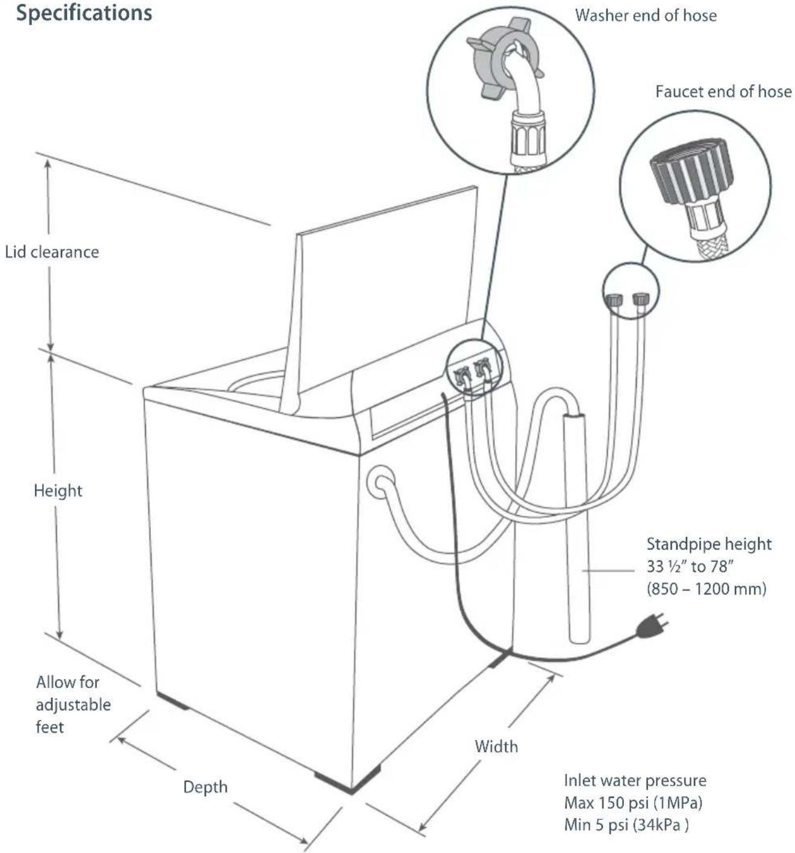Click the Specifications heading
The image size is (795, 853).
(84, 13)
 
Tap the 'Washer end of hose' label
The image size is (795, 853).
(646, 16)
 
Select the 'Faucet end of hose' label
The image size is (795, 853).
(723, 92)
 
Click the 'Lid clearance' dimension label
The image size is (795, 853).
(52, 252)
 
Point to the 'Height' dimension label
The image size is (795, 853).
(58, 491)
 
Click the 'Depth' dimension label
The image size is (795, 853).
(205, 787)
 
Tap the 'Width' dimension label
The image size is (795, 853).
(496, 746)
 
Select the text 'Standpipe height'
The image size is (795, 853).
(709, 544)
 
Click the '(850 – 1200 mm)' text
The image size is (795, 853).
(706, 588)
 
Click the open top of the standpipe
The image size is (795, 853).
(574, 417)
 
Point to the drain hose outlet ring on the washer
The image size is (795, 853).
(381, 482)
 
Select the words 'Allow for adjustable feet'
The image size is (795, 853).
(73, 705)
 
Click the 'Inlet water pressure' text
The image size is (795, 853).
(635, 780)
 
